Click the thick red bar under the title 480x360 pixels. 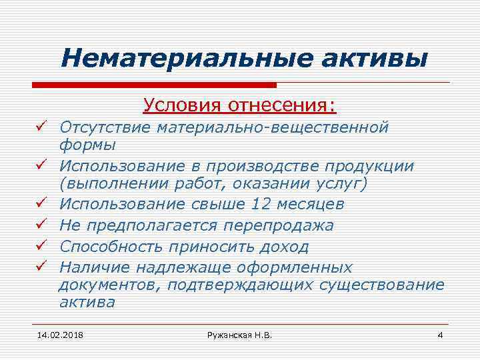(x=153, y=85)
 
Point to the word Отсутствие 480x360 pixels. (x=105, y=126)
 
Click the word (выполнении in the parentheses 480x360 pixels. (x=107, y=183)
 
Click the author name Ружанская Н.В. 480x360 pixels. (x=240, y=333)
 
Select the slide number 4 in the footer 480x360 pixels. (x=439, y=333)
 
